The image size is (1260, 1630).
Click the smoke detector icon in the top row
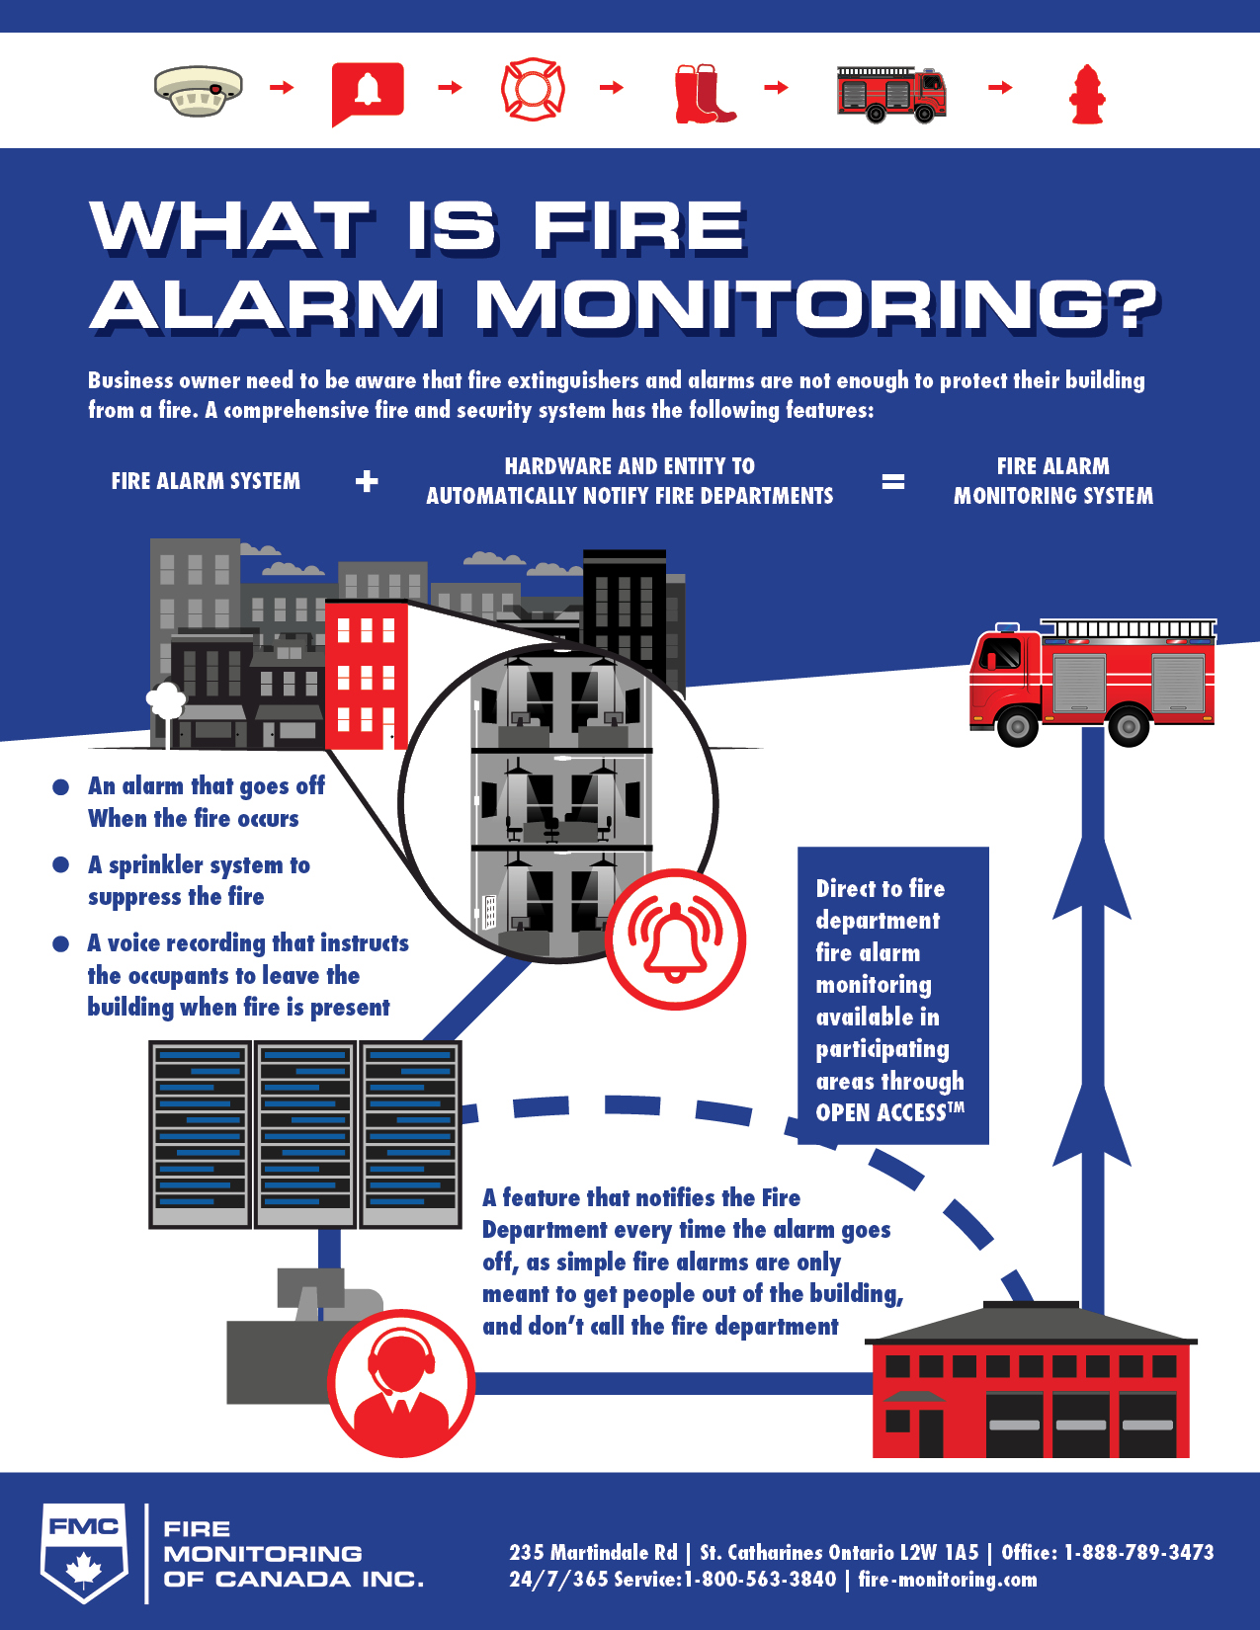click(199, 90)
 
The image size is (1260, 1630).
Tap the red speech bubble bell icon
click(368, 91)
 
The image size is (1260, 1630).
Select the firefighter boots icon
click(703, 94)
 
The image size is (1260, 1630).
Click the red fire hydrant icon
click(1087, 94)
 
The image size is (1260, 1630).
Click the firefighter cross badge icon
click(533, 89)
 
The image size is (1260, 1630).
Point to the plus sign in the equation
click(367, 481)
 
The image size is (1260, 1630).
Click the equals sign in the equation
click(892, 481)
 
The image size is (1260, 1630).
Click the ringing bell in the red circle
click(676, 939)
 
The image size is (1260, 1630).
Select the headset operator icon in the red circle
click(401, 1382)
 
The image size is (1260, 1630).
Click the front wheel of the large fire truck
click(1017, 727)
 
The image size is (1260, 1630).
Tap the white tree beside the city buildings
click(166, 701)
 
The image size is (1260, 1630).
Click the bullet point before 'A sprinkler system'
click(60, 865)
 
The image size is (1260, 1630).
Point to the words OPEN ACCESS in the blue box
click(881, 1113)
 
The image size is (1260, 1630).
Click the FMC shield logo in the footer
click(84, 1552)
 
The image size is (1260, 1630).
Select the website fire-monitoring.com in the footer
click(948, 1579)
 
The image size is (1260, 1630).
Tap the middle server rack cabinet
click(305, 1134)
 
